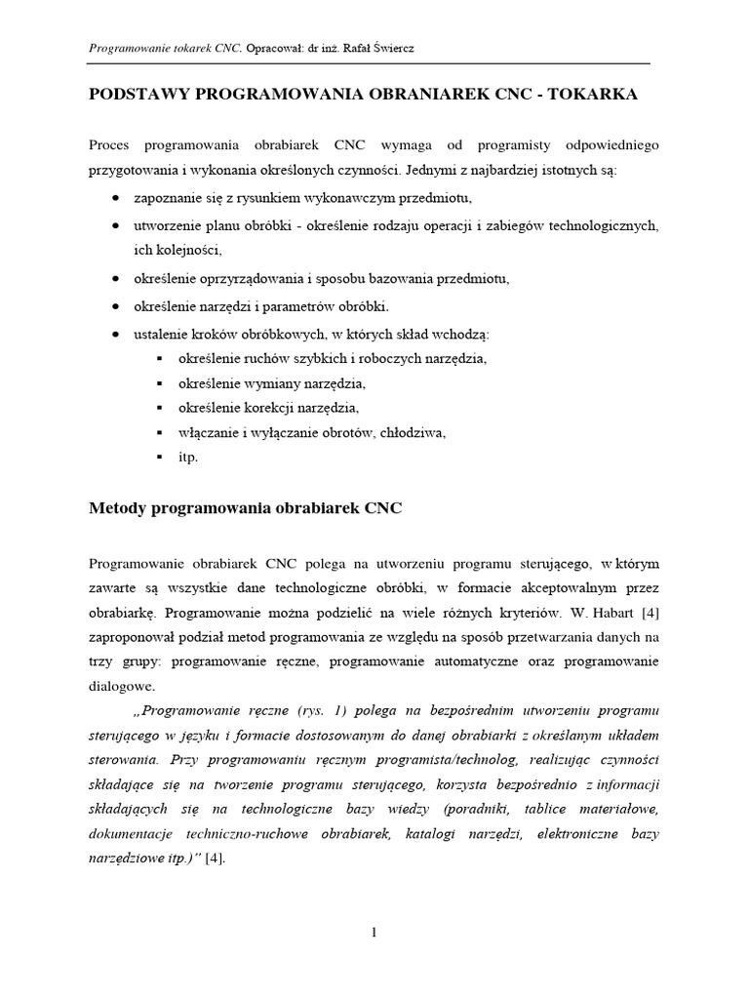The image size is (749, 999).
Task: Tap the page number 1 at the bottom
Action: (374, 933)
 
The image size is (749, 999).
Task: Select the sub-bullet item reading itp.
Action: (188, 457)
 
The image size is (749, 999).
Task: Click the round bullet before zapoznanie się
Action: (117, 199)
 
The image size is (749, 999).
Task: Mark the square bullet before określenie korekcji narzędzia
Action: (158, 407)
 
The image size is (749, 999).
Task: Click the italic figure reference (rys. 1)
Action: (329, 709)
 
